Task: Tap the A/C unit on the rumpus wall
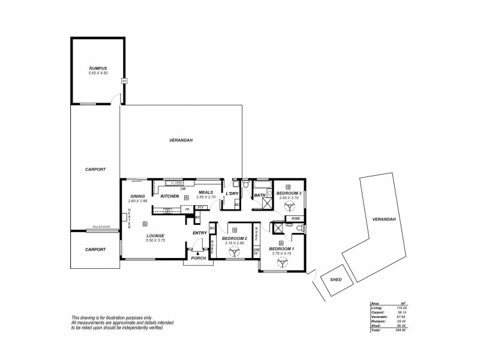click(x=124, y=80)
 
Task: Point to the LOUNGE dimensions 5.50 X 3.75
click(x=155, y=240)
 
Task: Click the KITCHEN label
click(x=170, y=196)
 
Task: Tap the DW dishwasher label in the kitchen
click(x=182, y=189)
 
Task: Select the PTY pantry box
click(x=200, y=207)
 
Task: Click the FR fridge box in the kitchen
click(x=187, y=209)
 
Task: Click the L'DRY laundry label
click(x=232, y=194)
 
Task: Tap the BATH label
click(x=260, y=195)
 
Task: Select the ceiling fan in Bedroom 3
click(x=288, y=206)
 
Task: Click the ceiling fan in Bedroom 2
click(x=234, y=253)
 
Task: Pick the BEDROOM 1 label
click(x=281, y=248)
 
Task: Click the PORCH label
click(x=199, y=258)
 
